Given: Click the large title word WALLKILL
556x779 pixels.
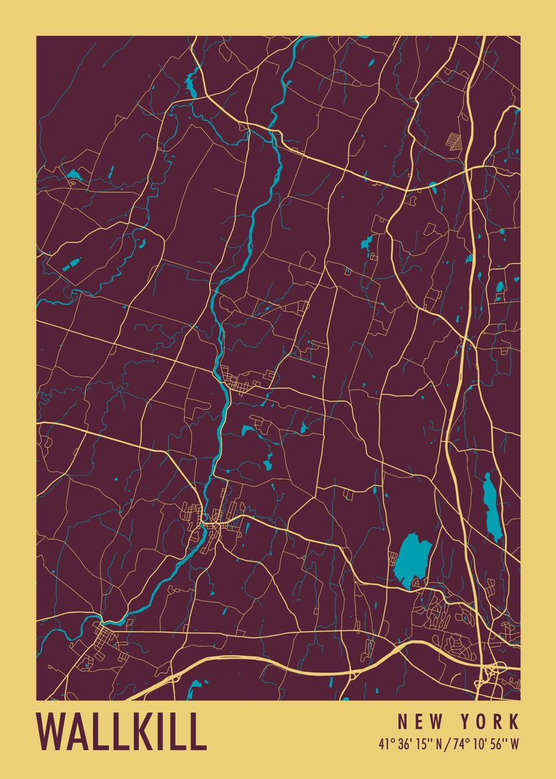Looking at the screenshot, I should (x=121, y=732).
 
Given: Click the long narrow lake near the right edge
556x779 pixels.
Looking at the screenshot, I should (x=493, y=506).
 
